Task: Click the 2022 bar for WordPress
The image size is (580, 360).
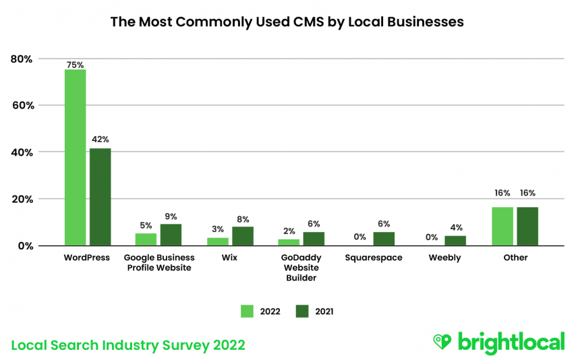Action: click(75, 157)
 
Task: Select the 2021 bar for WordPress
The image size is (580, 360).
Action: click(100, 196)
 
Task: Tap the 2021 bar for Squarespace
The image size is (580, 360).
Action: click(384, 238)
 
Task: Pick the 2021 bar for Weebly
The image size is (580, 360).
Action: click(455, 240)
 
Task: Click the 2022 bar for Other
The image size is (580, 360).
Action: click(502, 226)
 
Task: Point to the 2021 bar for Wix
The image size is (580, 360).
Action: click(243, 236)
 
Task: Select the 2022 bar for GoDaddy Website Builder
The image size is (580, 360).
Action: click(288, 241)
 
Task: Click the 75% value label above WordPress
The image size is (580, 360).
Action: click(75, 65)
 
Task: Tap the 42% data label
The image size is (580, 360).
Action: click(100, 140)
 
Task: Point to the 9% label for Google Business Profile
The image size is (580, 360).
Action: click(171, 216)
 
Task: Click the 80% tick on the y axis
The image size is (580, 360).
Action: click(22, 59)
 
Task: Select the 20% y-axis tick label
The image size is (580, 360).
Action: click(22, 199)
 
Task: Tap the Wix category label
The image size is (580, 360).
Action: click(230, 258)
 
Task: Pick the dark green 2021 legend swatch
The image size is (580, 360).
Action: click(302, 311)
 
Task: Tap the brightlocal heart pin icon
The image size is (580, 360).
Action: click(442, 341)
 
